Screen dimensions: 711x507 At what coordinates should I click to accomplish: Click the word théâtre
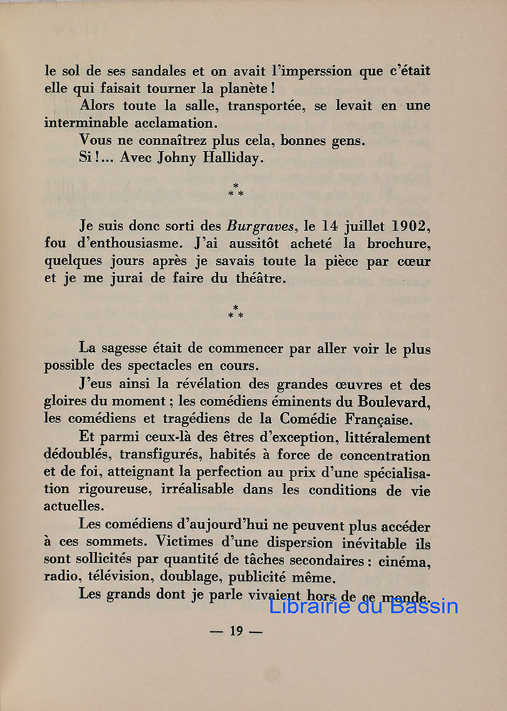(257, 279)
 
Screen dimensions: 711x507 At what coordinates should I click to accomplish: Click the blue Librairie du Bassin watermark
(363, 606)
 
